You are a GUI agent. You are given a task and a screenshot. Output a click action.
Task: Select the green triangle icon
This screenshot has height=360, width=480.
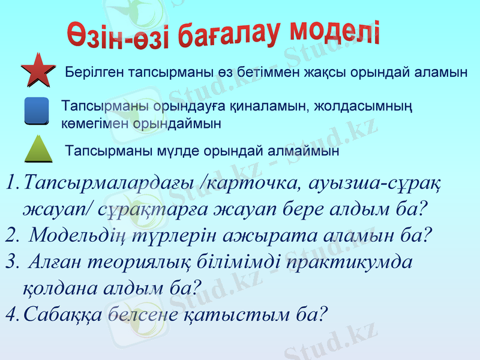[39, 148]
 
